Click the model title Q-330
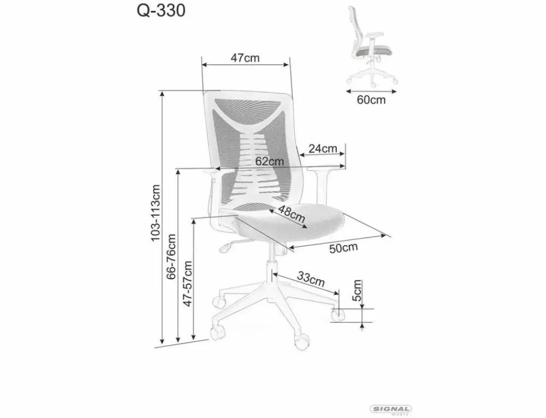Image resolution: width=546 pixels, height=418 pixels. pos(161,11)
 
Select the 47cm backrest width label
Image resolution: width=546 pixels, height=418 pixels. pos(245,58)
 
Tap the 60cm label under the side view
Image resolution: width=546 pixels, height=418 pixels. pos(371,100)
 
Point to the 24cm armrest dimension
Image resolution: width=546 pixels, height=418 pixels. pos(323,148)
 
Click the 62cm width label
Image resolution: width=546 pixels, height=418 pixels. pos(270,162)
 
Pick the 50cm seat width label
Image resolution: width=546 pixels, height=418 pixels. pos(343,248)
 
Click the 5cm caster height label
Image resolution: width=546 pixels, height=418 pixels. pos(357,290)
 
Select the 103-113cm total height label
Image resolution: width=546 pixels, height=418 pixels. pos(155,213)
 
